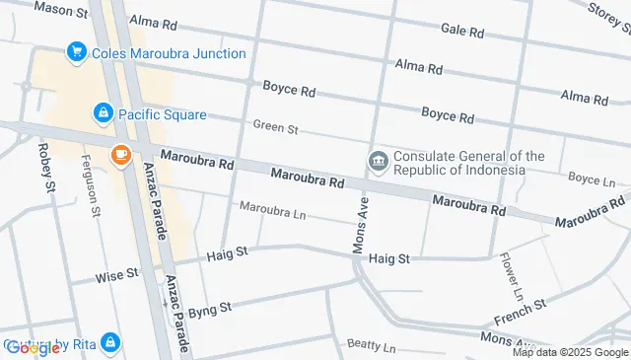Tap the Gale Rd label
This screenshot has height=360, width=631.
462,31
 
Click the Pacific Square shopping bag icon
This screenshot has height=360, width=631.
103,113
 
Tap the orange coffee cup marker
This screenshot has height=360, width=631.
120,154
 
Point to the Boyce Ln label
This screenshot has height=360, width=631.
592,179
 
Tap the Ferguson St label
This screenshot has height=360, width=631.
91,184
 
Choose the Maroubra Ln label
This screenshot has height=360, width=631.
273,212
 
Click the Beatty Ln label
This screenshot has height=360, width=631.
371,347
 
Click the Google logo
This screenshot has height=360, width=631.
32,347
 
